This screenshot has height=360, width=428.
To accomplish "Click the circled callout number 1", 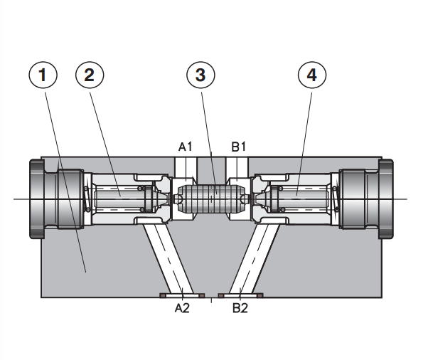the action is coord(43,75).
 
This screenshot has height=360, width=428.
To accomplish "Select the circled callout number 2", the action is coord(90,75).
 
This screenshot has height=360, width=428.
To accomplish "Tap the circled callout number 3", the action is coord(200,75).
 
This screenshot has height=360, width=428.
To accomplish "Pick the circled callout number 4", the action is coord(312,75).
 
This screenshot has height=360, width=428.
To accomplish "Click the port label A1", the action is coord(186,147).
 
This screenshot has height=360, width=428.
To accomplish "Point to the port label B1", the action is coord(239,147).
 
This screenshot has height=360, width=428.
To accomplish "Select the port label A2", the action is coord(182,308).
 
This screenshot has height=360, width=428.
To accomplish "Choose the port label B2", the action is coord(240,308).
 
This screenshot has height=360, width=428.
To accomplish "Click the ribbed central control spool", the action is coord(211,198).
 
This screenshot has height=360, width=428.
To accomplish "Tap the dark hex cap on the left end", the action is coord(36,199).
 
